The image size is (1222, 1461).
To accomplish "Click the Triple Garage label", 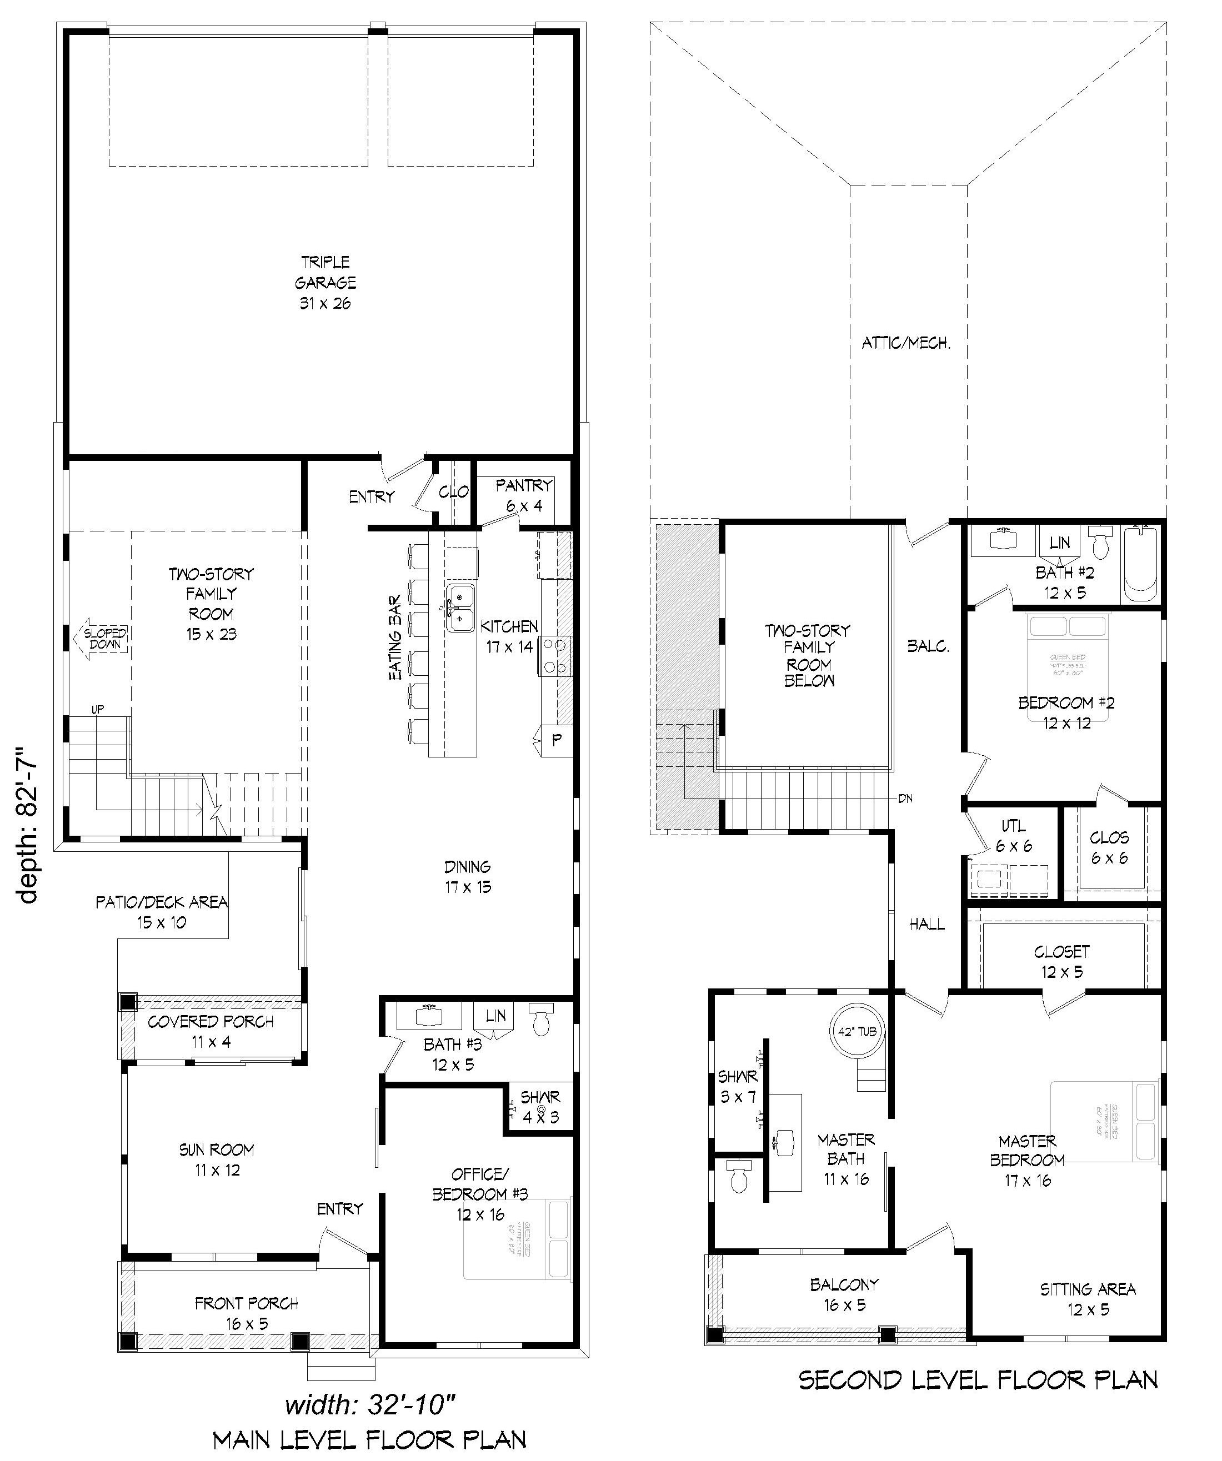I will [x=325, y=283].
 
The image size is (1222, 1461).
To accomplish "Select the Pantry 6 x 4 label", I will [x=524, y=495].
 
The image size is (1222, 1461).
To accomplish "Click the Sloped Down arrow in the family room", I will [x=101, y=639].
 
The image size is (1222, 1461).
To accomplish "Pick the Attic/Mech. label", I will [x=906, y=343].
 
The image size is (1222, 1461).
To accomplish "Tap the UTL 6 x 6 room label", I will [x=1013, y=836].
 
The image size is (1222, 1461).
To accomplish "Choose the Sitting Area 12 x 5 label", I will [x=1088, y=1299].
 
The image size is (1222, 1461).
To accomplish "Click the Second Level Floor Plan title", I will [x=978, y=1379].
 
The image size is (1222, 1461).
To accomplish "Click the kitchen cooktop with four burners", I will [x=555, y=655].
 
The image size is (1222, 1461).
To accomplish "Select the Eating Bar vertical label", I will [x=394, y=637].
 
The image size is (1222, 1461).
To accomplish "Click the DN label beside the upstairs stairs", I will [x=905, y=799].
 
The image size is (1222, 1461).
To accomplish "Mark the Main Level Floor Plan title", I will [x=369, y=1439].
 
